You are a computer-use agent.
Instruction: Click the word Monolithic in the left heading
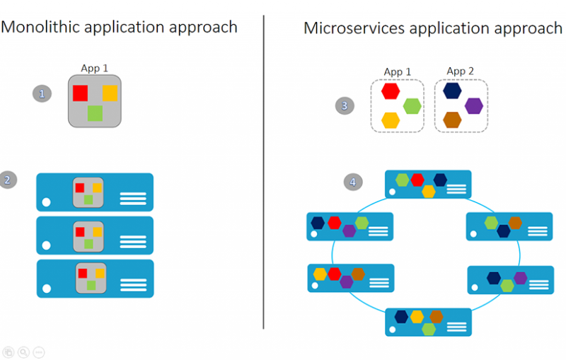(x=40, y=28)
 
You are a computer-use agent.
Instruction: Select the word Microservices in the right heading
(x=354, y=28)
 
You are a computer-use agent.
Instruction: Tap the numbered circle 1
(x=42, y=94)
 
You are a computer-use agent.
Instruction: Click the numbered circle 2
(x=8, y=180)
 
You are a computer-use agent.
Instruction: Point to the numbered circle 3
(x=345, y=105)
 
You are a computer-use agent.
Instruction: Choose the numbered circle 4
(x=352, y=182)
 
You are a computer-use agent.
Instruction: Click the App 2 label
(x=461, y=71)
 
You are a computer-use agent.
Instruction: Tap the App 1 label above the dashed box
(x=398, y=71)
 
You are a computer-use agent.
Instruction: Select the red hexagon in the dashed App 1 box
(x=391, y=91)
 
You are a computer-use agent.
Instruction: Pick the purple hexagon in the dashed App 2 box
(x=474, y=106)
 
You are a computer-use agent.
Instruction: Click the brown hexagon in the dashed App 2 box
(x=452, y=120)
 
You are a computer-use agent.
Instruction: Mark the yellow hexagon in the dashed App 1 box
(x=391, y=120)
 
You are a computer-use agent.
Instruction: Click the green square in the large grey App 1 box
(x=95, y=113)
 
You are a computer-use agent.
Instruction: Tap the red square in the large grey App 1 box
(x=80, y=93)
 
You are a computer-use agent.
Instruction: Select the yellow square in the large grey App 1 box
(x=110, y=93)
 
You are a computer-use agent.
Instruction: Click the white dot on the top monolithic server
(x=46, y=202)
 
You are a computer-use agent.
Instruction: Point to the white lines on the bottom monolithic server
(x=134, y=285)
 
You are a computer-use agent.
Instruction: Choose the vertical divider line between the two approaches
(x=263, y=172)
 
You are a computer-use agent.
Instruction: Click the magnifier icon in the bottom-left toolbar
(x=23, y=352)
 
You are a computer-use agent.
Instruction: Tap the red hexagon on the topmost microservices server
(x=417, y=180)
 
